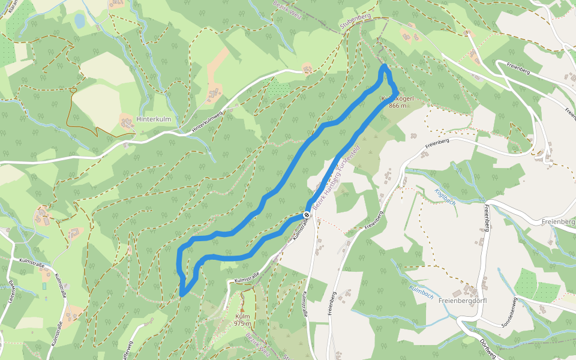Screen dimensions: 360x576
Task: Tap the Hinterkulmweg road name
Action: (207, 122)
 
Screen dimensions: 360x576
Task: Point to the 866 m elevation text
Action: (397, 106)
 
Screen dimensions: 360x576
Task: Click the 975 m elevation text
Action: (242, 323)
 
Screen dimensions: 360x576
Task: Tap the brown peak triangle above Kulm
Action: (242, 308)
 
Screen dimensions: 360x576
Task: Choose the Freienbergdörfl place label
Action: (462, 301)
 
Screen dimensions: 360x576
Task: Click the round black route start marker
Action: (307, 214)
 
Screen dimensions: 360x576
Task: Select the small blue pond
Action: (80, 21)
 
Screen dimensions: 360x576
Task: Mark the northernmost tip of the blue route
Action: (385, 66)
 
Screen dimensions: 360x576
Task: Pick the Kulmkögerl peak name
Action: (394, 98)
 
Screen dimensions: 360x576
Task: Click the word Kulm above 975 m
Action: (242, 316)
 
